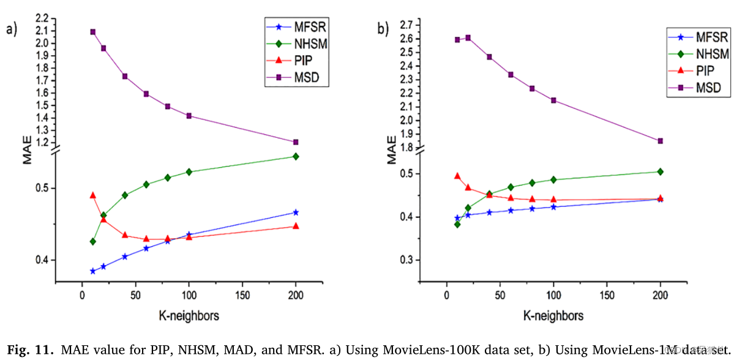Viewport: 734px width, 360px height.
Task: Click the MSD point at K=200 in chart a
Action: tap(296, 142)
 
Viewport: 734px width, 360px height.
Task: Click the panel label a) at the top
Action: tap(12, 29)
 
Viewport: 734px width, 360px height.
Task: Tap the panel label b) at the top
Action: tap(383, 29)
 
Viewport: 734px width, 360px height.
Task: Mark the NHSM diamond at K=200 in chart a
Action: tap(296, 156)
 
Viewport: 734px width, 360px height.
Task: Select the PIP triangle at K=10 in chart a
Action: tap(93, 195)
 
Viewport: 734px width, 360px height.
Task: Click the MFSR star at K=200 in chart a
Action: tap(296, 212)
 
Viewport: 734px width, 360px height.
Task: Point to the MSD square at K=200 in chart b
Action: tap(660, 141)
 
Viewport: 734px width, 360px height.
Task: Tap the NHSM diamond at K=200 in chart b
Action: tap(660, 171)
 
